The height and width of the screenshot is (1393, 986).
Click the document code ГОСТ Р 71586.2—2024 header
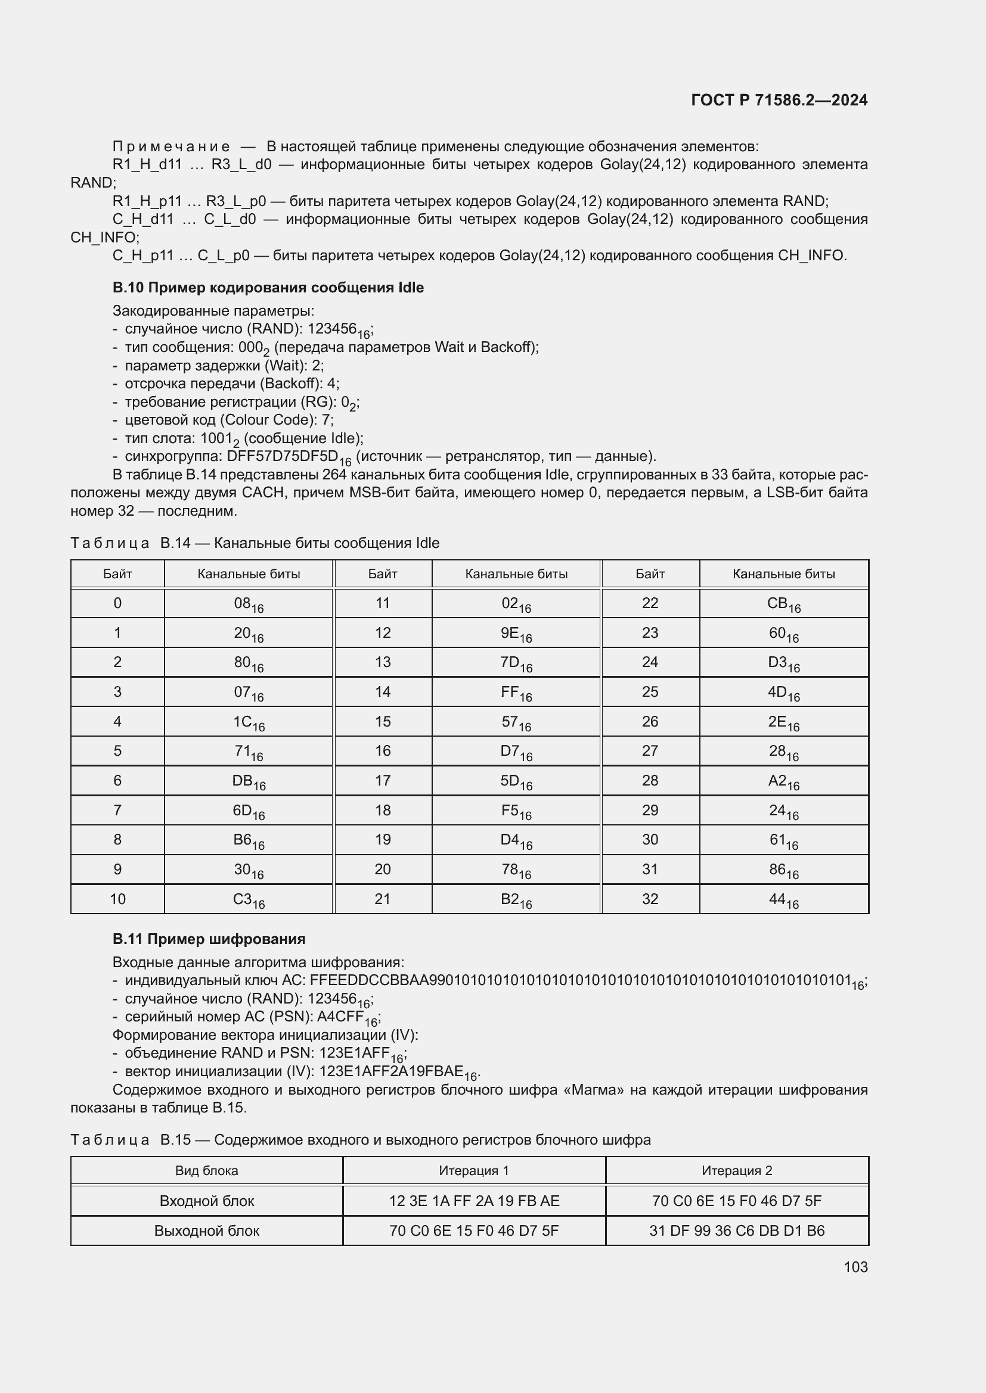779,100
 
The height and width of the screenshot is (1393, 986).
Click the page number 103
855,1267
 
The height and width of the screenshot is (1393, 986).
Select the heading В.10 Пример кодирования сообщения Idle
268,288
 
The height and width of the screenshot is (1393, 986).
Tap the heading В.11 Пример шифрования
209,939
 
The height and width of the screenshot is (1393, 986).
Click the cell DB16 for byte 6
249,781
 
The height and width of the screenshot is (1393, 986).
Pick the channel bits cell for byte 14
516,692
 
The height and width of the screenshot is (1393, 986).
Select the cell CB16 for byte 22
783,604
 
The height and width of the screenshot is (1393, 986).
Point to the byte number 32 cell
650,899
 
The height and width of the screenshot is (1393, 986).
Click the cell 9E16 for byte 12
516,634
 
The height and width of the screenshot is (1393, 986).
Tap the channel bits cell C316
249,899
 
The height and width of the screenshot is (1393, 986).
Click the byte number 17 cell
383,781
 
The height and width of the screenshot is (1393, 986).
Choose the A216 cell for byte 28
783,781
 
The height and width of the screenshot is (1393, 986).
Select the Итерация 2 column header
736,1171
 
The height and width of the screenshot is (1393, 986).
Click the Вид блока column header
206,1171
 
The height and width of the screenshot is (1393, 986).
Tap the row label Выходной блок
206,1231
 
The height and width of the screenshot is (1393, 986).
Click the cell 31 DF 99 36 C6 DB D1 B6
736,1231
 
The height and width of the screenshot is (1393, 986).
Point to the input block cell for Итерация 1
473,1201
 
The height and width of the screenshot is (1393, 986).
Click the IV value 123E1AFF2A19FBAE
391,1071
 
